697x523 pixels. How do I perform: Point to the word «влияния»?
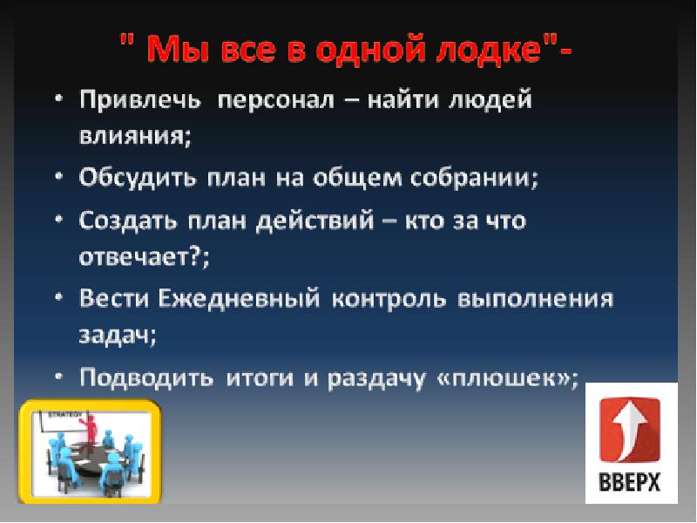pyautogui.click(x=133, y=135)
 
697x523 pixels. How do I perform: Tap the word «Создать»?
pyautogui.click(x=128, y=221)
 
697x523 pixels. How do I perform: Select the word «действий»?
pyautogui.click(x=319, y=221)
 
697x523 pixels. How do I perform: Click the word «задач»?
pyautogui.click(x=117, y=336)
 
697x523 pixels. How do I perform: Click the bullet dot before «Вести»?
pyautogui.click(x=58, y=298)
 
